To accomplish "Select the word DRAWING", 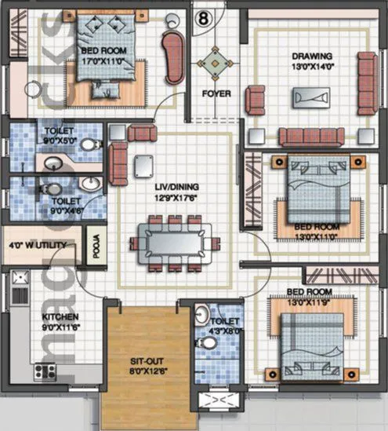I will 312,57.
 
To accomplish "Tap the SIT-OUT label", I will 146,362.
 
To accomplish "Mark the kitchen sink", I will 20,277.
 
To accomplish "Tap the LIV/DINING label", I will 176,187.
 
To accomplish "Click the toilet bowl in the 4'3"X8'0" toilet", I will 202,316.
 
